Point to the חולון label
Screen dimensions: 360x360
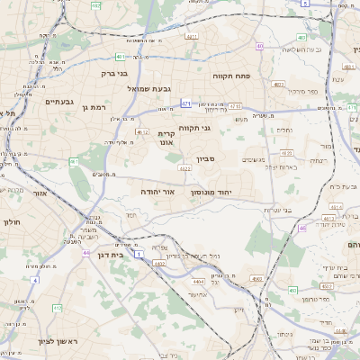click(12, 220)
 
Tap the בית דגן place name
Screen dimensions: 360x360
click(110, 256)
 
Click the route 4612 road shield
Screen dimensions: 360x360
click(141, 132)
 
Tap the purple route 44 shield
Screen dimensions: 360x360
click(85, 252)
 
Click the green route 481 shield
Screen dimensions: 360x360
click(94, 56)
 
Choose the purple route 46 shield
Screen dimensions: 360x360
click(302, 228)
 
